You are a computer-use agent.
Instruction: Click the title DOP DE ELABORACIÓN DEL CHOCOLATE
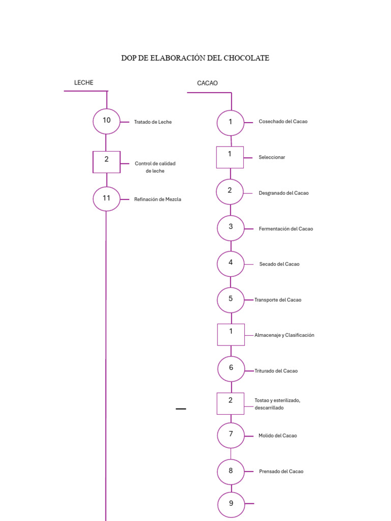click(x=195, y=58)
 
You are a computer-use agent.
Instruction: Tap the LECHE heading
click(x=84, y=82)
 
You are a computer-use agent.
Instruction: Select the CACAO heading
click(x=207, y=83)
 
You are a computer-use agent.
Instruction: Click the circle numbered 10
click(x=106, y=121)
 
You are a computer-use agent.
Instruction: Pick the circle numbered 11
click(x=106, y=199)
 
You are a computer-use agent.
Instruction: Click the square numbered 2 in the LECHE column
click(x=106, y=162)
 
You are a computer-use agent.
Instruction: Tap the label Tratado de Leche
click(x=153, y=122)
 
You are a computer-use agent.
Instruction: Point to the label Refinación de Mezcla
click(x=157, y=199)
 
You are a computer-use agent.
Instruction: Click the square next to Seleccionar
click(x=230, y=157)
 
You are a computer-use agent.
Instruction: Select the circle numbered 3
click(x=231, y=228)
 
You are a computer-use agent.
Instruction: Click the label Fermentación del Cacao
click(x=286, y=229)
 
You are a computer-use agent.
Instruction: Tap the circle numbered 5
click(x=231, y=300)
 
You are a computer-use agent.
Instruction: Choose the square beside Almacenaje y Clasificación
click(x=231, y=335)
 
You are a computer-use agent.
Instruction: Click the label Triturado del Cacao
click(x=276, y=371)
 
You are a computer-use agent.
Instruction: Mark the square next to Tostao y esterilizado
click(x=230, y=403)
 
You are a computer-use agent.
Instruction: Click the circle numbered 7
click(x=231, y=436)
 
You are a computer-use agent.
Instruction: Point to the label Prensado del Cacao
click(x=281, y=472)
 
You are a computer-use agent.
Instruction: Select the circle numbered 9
click(x=231, y=504)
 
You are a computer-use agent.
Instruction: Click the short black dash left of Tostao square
click(x=181, y=409)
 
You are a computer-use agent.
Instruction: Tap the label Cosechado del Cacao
click(x=283, y=122)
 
